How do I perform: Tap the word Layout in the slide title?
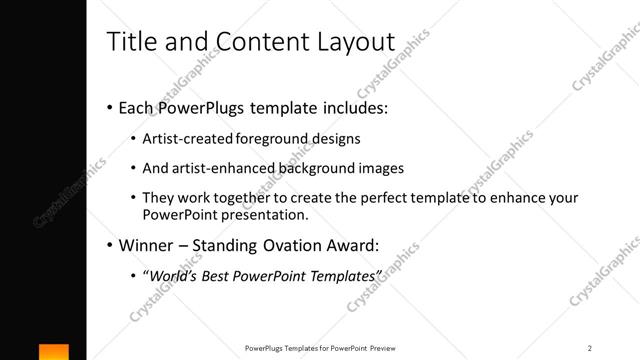[x=355, y=42]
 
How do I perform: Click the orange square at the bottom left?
[x=54, y=352]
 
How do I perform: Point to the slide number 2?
[x=590, y=348]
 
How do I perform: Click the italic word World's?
[x=172, y=275]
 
